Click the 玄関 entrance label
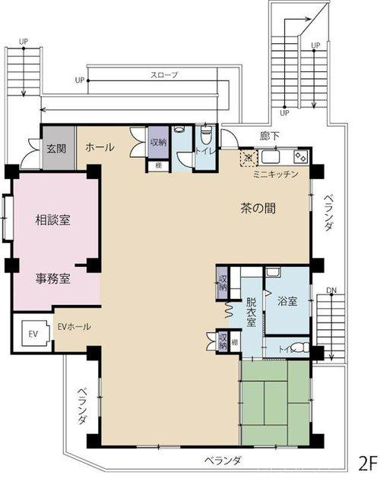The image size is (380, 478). point(55,147)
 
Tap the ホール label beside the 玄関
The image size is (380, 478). point(100,147)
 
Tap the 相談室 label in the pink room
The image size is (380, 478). point(52,220)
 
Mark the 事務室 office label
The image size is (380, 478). point(52,278)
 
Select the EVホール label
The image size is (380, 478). point(74,326)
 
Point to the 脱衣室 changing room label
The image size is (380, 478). point(252,310)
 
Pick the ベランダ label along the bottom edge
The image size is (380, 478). point(223,461)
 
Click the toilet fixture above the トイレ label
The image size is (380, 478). point(206,134)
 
